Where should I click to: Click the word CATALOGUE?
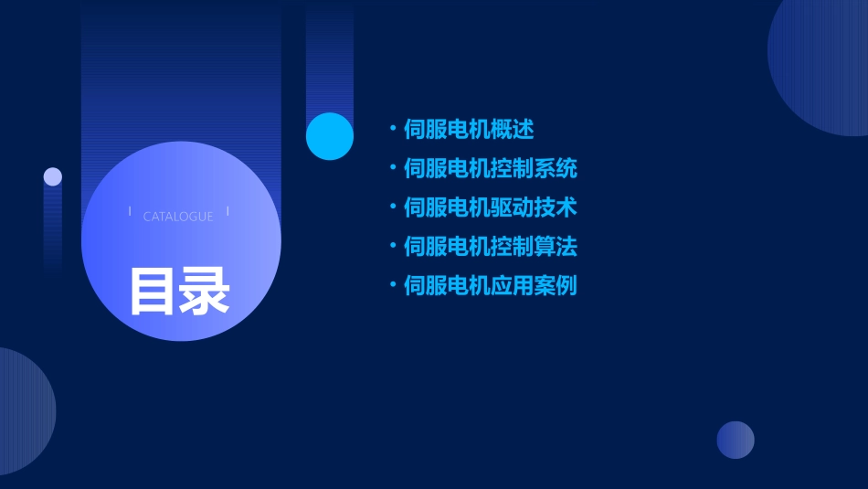click(x=178, y=217)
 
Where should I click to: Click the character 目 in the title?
click(x=152, y=292)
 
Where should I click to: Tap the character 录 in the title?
click(x=205, y=292)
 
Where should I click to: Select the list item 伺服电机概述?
click(x=469, y=130)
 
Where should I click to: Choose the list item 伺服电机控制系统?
click(x=491, y=169)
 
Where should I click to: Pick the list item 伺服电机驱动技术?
click(x=491, y=207)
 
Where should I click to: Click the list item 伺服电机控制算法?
click(x=491, y=247)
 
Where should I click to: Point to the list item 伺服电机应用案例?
click(x=491, y=286)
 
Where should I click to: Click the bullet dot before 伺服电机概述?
click(x=393, y=129)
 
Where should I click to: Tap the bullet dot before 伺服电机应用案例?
click(x=393, y=285)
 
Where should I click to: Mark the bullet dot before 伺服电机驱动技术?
click(x=393, y=207)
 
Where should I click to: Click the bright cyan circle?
click(x=330, y=136)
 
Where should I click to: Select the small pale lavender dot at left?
click(x=53, y=176)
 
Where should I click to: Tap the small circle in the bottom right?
click(x=736, y=440)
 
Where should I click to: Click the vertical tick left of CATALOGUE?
click(x=130, y=211)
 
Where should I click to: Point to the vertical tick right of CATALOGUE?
click(x=228, y=211)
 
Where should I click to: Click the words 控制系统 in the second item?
click(x=534, y=169)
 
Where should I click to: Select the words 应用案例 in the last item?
click(x=534, y=286)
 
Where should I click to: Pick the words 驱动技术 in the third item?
click(x=534, y=207)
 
